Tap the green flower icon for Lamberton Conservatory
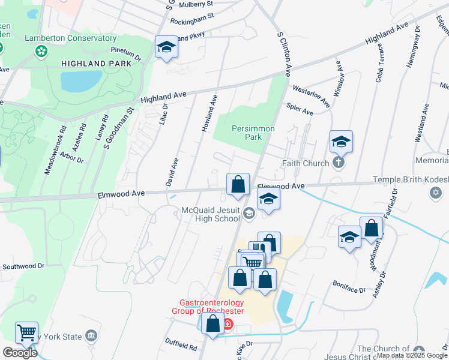(41, 52)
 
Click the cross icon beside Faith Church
(339, 163)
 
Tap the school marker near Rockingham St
(166, 48)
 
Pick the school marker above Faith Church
(341, 142)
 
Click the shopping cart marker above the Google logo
(26, 333)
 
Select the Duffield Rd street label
(181, 344)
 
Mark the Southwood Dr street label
(24, 266)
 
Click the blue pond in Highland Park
(81, 81)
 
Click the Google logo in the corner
(20, 353)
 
